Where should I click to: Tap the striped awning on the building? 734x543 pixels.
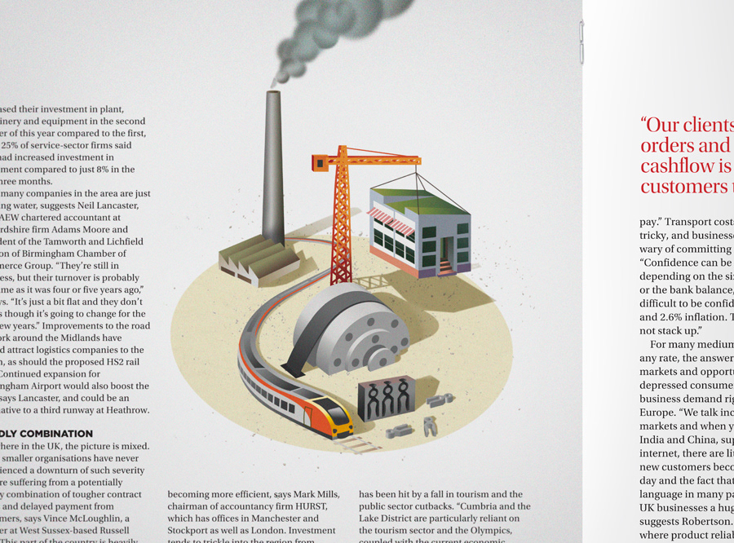click(391, 219)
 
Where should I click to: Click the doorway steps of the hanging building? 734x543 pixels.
click(446, 265)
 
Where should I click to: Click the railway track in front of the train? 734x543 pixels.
click(354, 444)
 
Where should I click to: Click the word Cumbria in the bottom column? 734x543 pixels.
click(458, 506)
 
